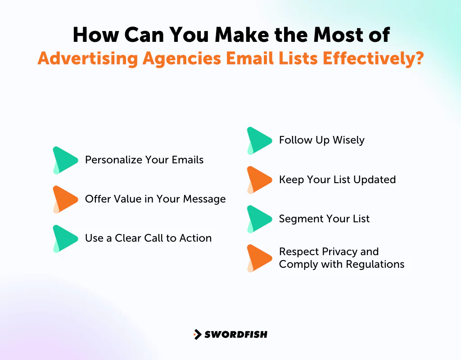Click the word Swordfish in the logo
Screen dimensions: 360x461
click(236, 334)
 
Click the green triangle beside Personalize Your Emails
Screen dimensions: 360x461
click(65, 160)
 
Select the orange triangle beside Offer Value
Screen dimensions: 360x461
click(65, 199)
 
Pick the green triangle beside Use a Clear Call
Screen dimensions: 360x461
click(65, 238)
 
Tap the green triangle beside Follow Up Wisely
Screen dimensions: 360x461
click(259, 140)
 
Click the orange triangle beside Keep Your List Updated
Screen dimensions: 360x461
click(259, 180)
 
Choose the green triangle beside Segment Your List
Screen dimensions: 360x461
click(259, 219)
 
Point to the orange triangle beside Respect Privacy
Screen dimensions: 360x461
click(259, 258)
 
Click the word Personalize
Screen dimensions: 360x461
click(113, 160)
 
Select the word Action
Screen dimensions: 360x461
click(195, 238)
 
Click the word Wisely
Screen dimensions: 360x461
click(348, 140)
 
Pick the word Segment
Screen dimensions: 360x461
click(299, 219)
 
